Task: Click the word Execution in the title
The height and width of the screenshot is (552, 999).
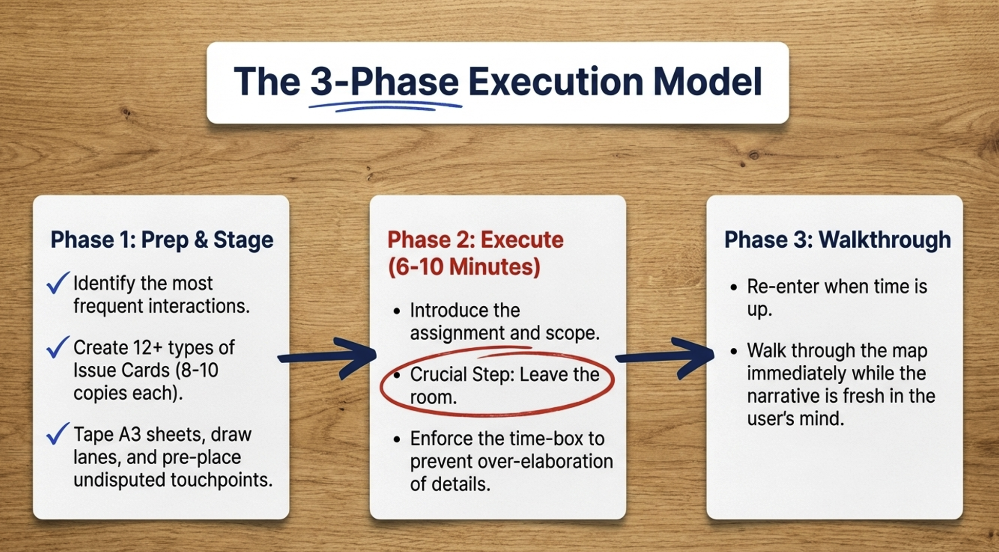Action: click(556, 82)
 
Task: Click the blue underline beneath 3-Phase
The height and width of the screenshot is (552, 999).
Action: click(385, 106)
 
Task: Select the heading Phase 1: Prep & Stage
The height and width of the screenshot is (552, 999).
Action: click(162, 240)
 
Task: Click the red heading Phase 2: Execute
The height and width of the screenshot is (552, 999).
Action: click(475, 240)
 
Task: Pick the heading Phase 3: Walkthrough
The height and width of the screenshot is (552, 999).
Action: click(837, 240)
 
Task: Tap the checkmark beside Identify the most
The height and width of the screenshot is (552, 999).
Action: click(57, 283)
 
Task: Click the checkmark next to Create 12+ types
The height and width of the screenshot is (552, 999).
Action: click(57, 347)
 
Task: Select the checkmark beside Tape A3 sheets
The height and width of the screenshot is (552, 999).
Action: click(57, 433)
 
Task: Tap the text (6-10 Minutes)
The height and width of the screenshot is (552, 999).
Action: click(464, 267)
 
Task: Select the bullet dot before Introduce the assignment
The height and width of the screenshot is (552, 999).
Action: click(396, 311)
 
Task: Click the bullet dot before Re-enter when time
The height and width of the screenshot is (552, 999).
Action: click(734, 287)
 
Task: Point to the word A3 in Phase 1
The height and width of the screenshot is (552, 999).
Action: click(130, 435)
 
